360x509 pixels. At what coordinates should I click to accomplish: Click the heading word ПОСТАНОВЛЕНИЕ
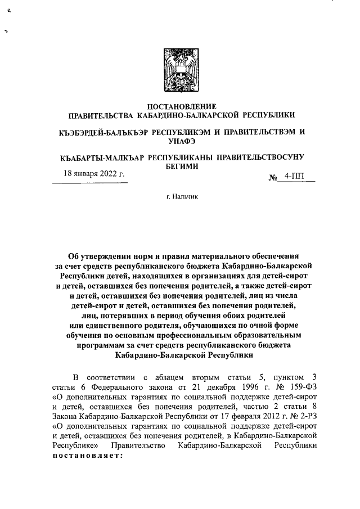(x=181, y=106)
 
